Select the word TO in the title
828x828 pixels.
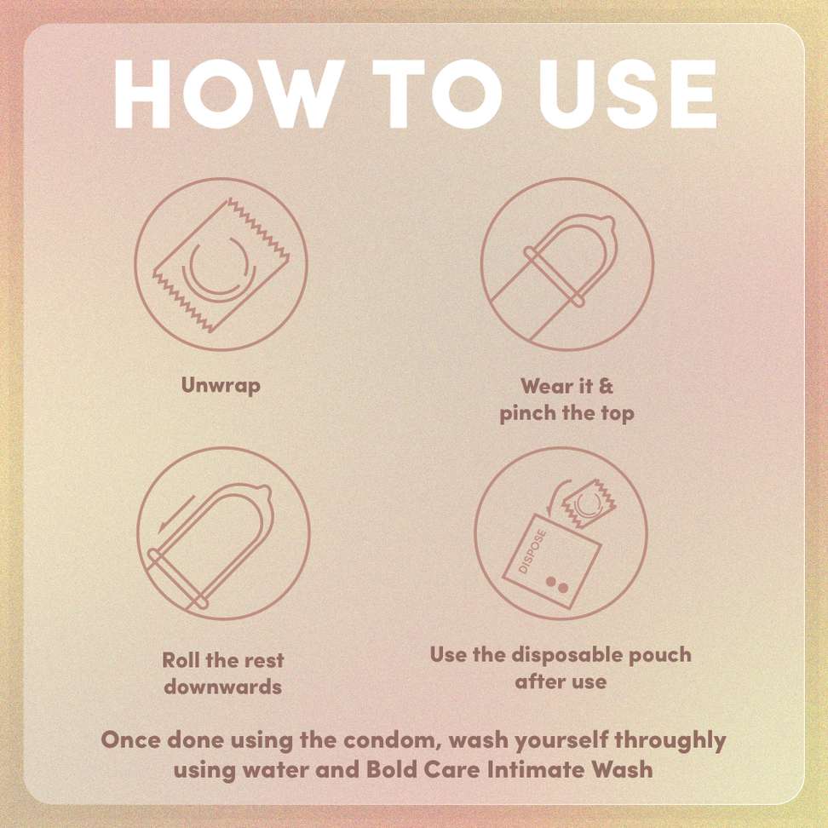437,94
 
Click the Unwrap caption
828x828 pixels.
221,385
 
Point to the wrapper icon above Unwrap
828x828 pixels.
221,265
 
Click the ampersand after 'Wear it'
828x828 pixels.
606,386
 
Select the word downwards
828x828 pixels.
222,687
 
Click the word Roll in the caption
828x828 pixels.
181,659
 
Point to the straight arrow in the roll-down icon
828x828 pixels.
176,514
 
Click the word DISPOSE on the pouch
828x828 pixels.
532,552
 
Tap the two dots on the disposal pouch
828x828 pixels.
557,585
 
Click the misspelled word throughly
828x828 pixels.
670,741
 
